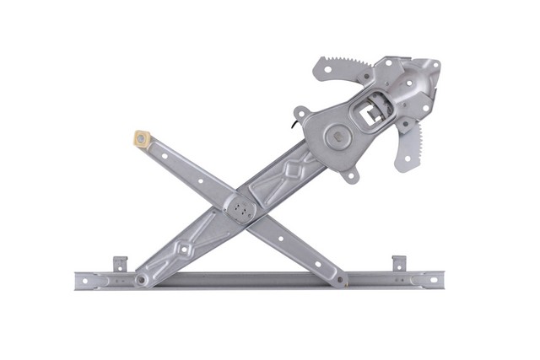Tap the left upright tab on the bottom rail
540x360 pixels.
click(120, 263)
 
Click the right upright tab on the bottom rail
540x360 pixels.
click(398, 263)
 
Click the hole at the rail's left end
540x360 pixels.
click(82, 280)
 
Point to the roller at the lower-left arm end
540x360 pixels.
click(143, 279)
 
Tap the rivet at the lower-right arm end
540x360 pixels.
click(339, 278)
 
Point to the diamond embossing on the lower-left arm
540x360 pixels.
click(182, 250)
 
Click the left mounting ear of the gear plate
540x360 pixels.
click(301, 111)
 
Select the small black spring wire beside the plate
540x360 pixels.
click(293, 126)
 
